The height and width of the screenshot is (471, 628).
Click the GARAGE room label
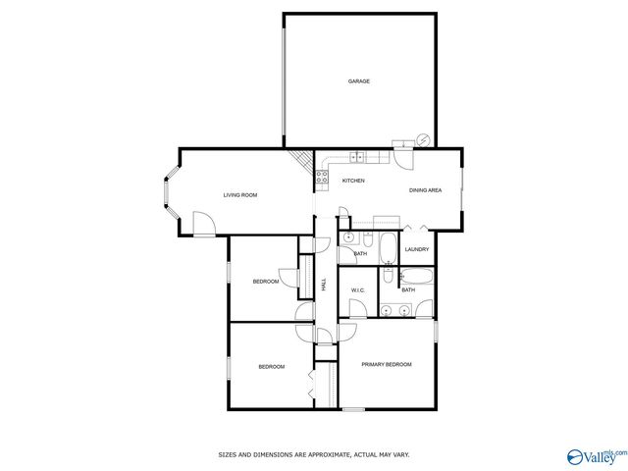coord(359,81)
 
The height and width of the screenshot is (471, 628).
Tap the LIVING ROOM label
coord(240,195)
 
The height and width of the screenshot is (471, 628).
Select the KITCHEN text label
coord(353,181)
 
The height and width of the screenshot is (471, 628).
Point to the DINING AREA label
coord(425,190)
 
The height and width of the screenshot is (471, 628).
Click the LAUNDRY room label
coord(417,249)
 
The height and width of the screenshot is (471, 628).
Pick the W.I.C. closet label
coord(357,290)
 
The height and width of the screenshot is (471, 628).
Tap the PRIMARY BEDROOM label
coord(387,364)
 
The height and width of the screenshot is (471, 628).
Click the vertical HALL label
coord(324,285)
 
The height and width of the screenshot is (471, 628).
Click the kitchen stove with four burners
coord(322,177)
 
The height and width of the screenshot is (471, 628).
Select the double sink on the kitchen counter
coord(357,157)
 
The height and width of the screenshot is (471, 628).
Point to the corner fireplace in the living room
coord(302,161)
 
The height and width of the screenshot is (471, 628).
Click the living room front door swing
coord(204,223)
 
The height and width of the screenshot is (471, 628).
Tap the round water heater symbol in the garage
coord(423,139)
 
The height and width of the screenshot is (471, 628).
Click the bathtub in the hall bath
coord(389,248)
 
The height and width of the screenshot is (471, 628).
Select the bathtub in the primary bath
coord(416,277)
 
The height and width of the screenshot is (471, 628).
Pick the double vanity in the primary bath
coord(395,310)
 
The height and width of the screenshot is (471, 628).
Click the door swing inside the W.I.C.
coord(357,308)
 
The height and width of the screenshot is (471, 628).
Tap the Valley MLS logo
coord(598,457)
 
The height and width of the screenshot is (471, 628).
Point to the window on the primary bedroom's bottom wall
coord(353,409)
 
